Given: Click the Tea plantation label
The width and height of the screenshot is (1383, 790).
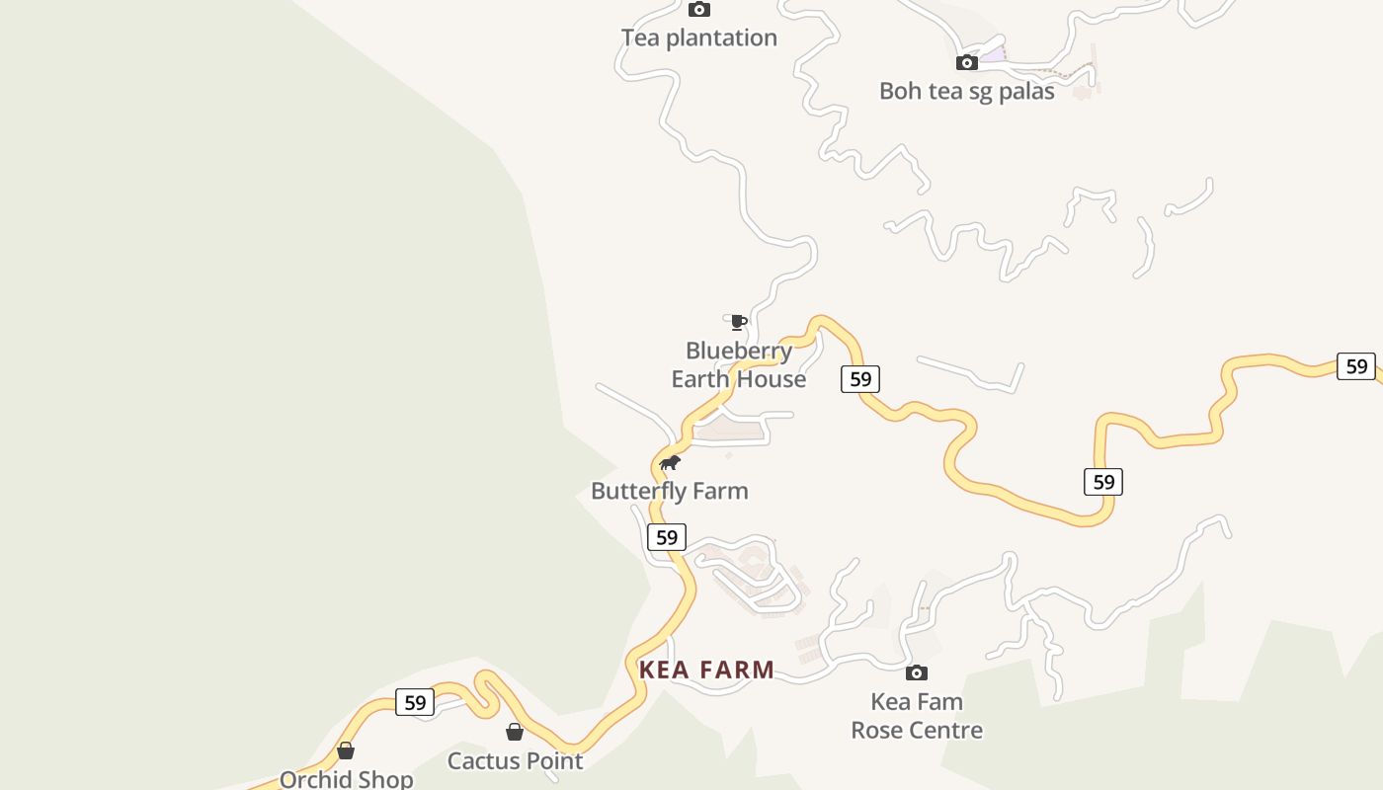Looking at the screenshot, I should pyautogui.click(x=698, y=38).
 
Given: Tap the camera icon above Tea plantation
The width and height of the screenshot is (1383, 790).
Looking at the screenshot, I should pyautogui.click(x=699, y=10).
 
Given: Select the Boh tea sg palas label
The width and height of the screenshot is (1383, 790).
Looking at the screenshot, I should pyautogui.click(x=966, y=91).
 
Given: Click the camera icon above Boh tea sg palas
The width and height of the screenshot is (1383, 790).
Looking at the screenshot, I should pyautogui.click(x=967, y=63).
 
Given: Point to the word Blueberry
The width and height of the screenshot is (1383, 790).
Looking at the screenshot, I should pyautogui.click(x=739, y=351).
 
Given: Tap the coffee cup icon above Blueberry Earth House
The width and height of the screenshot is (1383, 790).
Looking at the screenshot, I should pyautogui.click(x=738, y=322).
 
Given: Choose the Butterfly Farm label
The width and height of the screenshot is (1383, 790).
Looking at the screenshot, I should pyautogui.click(x=669, y=491).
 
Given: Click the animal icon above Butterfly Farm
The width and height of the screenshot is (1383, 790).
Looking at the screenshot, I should pyautogui.click(x=670, y=463).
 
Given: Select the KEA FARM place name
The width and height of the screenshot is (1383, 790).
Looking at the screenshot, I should pyautogui.click(x=706, y=670).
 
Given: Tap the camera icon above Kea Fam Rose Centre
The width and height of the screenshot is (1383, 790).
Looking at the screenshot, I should pyautogui.click(x=917, y=673).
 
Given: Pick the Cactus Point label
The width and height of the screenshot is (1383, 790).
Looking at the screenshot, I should pyautogui.click(x=515, y=760).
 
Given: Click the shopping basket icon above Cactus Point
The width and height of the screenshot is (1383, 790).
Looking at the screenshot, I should pyautogui.click(x=515, y=732).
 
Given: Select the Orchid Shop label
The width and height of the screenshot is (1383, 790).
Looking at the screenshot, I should pyautogui.click(x=346, y=779).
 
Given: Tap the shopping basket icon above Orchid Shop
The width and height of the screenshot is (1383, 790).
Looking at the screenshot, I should pyautogui.click(x=346, y=750).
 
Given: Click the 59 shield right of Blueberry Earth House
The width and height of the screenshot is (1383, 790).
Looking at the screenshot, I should pyautogui.click(x=860, y=379).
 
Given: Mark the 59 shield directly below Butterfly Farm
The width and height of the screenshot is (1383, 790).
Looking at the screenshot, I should pyautogui.click(x=667, y=537).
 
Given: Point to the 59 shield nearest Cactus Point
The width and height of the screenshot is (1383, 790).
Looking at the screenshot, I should pyautogui.click(x=415, y=702).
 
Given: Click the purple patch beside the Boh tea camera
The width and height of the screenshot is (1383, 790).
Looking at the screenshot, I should pyautogui.click(x=992, y=55).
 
